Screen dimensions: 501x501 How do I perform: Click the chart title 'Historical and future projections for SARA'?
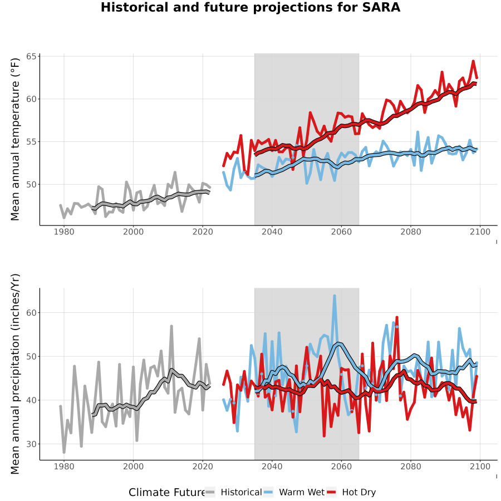pos(250,7)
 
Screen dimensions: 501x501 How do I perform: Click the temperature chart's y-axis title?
pos(14,139)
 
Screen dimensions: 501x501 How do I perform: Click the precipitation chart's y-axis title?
pos(14,374)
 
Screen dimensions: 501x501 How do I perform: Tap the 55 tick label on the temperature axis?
pos(31,142)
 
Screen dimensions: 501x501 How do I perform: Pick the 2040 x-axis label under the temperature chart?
pos(272,232)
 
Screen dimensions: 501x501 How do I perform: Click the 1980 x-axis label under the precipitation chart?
pos(64,466)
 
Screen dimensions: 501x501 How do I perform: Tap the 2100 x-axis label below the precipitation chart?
pos(480,466)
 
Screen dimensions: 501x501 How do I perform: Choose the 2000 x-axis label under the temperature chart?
pos(133,232)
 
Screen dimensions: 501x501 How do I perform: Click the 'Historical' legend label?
pos(241,492)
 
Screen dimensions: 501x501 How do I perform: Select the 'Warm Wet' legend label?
pos(302,492)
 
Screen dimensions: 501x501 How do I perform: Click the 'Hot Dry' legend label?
pos(359,492)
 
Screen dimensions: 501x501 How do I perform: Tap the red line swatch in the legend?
pos(332,492)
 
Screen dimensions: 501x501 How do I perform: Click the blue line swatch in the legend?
pos(269,492)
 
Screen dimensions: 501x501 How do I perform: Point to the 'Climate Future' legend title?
pos(167,492)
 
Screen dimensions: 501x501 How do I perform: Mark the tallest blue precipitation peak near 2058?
pos(335,296)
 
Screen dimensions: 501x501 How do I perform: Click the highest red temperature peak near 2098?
pos(473,61)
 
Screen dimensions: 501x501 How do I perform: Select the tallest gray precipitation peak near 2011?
pos(171,326)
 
